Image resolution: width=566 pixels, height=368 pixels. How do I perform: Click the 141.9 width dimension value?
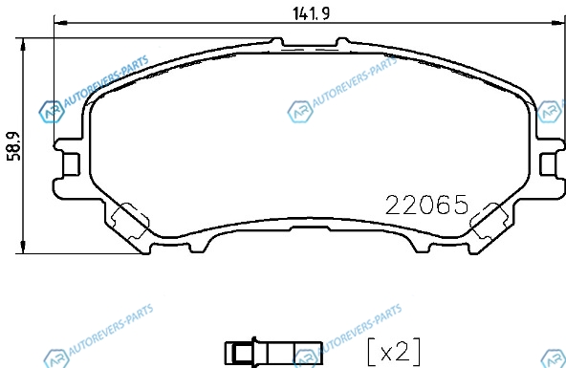tap(311, 14)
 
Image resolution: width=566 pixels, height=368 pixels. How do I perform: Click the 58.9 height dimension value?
tap(14, 146)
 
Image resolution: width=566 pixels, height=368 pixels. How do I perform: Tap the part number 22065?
tap(427, 205)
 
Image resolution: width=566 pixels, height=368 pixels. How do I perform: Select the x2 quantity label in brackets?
tap(394, 352)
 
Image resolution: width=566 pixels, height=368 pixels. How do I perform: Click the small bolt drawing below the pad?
tap(273, 353)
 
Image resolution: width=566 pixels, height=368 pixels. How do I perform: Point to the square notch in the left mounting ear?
tap(72, 164)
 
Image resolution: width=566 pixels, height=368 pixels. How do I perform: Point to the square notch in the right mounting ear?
tap(548, 164)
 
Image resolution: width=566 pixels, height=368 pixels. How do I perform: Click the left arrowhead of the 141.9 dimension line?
tap(60, 23)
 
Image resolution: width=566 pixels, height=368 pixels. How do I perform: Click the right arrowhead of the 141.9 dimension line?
tap(557, 23)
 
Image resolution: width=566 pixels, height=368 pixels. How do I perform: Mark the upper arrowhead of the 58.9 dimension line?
tap(23, 44)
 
